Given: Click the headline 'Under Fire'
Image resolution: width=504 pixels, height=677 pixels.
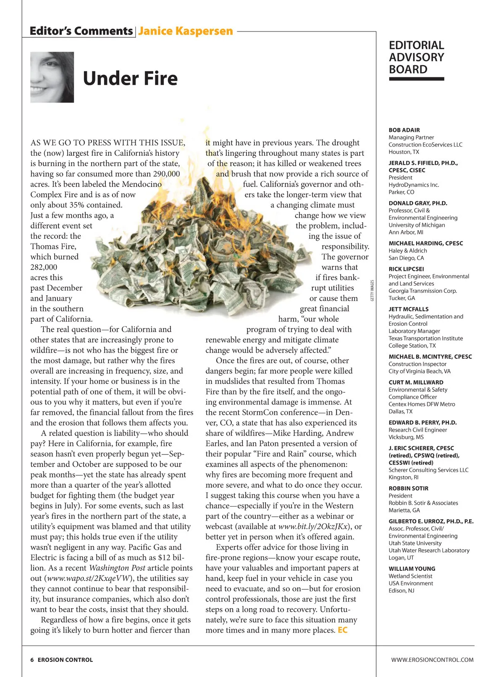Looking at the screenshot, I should pyautogui.click(x=130, y=79).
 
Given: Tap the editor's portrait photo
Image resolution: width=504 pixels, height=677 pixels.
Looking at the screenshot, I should pyautogui.click(x=52, y=77).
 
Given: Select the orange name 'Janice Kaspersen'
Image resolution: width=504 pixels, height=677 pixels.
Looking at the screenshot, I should pyautogui.click(x=185, y=31).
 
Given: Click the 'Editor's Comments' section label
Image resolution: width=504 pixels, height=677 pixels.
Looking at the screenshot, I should pyautogui.click(x=81, y=31).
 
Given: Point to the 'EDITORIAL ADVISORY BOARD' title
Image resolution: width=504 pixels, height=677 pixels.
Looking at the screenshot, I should pyautogui.click(x=416, y=58).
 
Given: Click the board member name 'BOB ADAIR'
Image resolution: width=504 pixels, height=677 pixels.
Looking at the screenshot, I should pyautogui.click(x=404, y=130).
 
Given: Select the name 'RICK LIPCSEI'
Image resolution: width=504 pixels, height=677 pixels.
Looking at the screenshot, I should pyautogui.click(x=406, y=269).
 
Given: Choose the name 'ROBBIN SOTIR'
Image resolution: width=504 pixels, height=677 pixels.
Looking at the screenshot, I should pyautogui.click(x=409, y=488).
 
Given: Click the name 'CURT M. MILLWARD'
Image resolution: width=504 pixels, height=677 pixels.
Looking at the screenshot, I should pyautogui.click(x=416, y=382).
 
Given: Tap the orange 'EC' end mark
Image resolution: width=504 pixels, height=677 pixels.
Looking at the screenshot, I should pyautogui.click(x=343, y=630).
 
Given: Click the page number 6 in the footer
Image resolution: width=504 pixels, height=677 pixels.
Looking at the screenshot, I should pyautogui.click(x=32, y=660).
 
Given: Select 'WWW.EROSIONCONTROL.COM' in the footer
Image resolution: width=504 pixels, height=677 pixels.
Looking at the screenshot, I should pyautogui.click(x=432, y=660).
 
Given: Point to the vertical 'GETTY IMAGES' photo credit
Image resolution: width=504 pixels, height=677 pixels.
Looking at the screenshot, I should pyautogui.click(x=372, y=291).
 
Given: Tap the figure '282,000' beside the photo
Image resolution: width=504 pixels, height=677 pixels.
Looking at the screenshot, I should pyautogui.click(x=44, y=267).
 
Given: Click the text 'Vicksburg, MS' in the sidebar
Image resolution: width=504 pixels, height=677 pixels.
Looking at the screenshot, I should pyautogui.click(x=406, y=437).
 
